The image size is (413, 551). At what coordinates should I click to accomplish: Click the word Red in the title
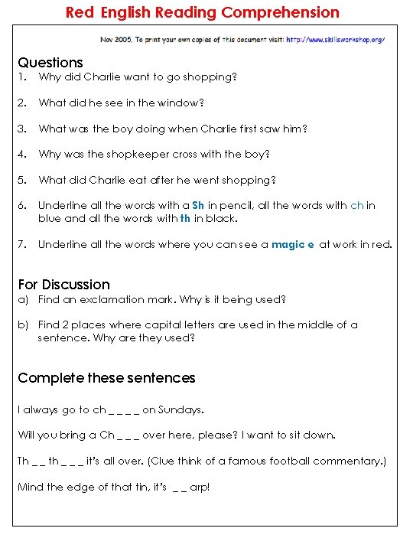[x=80, y=12]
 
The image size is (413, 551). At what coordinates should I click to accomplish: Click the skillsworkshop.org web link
[x=336, y=39]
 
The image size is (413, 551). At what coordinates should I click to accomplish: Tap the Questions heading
[x=50, y=63]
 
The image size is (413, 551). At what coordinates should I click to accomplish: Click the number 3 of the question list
[x=21, y=129]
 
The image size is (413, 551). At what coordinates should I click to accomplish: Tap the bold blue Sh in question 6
[x=198, y=205]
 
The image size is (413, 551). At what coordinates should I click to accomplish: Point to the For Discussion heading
[x=63, y=284]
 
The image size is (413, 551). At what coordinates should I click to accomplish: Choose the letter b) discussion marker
[x=23, y=324]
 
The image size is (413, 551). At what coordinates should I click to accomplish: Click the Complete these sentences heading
[x=106, y=378]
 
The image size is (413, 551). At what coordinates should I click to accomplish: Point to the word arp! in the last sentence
[x=198, y=487]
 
